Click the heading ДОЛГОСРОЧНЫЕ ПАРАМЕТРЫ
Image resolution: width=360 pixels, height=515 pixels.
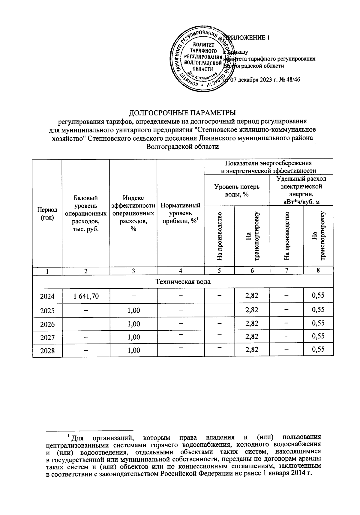coord(182,113)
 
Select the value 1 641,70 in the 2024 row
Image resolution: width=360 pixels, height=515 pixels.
coord(86,296)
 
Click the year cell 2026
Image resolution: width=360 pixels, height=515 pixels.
coord(47,324)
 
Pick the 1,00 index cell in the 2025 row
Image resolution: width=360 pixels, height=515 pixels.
coord(133,310)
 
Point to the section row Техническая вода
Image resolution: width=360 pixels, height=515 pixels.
coord(183,282)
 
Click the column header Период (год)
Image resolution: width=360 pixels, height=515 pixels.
coord(47,213)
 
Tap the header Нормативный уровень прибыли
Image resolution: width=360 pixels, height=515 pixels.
coord(180,213)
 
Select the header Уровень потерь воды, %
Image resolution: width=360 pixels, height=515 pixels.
coord(237,190)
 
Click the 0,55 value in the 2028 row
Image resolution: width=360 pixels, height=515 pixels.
coord(318,349)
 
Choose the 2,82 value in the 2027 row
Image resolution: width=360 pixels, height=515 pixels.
coord(252,336)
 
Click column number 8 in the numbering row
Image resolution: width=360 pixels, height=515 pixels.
coord(318,270)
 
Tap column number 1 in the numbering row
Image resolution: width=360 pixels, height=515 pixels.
coord(47,271)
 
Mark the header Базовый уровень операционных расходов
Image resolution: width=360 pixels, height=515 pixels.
coord(86,213)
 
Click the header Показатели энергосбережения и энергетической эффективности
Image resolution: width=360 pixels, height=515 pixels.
coord(268,167)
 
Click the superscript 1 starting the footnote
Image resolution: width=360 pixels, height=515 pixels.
coord(69,435)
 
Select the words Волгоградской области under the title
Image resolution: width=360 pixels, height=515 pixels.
coord(182,147)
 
